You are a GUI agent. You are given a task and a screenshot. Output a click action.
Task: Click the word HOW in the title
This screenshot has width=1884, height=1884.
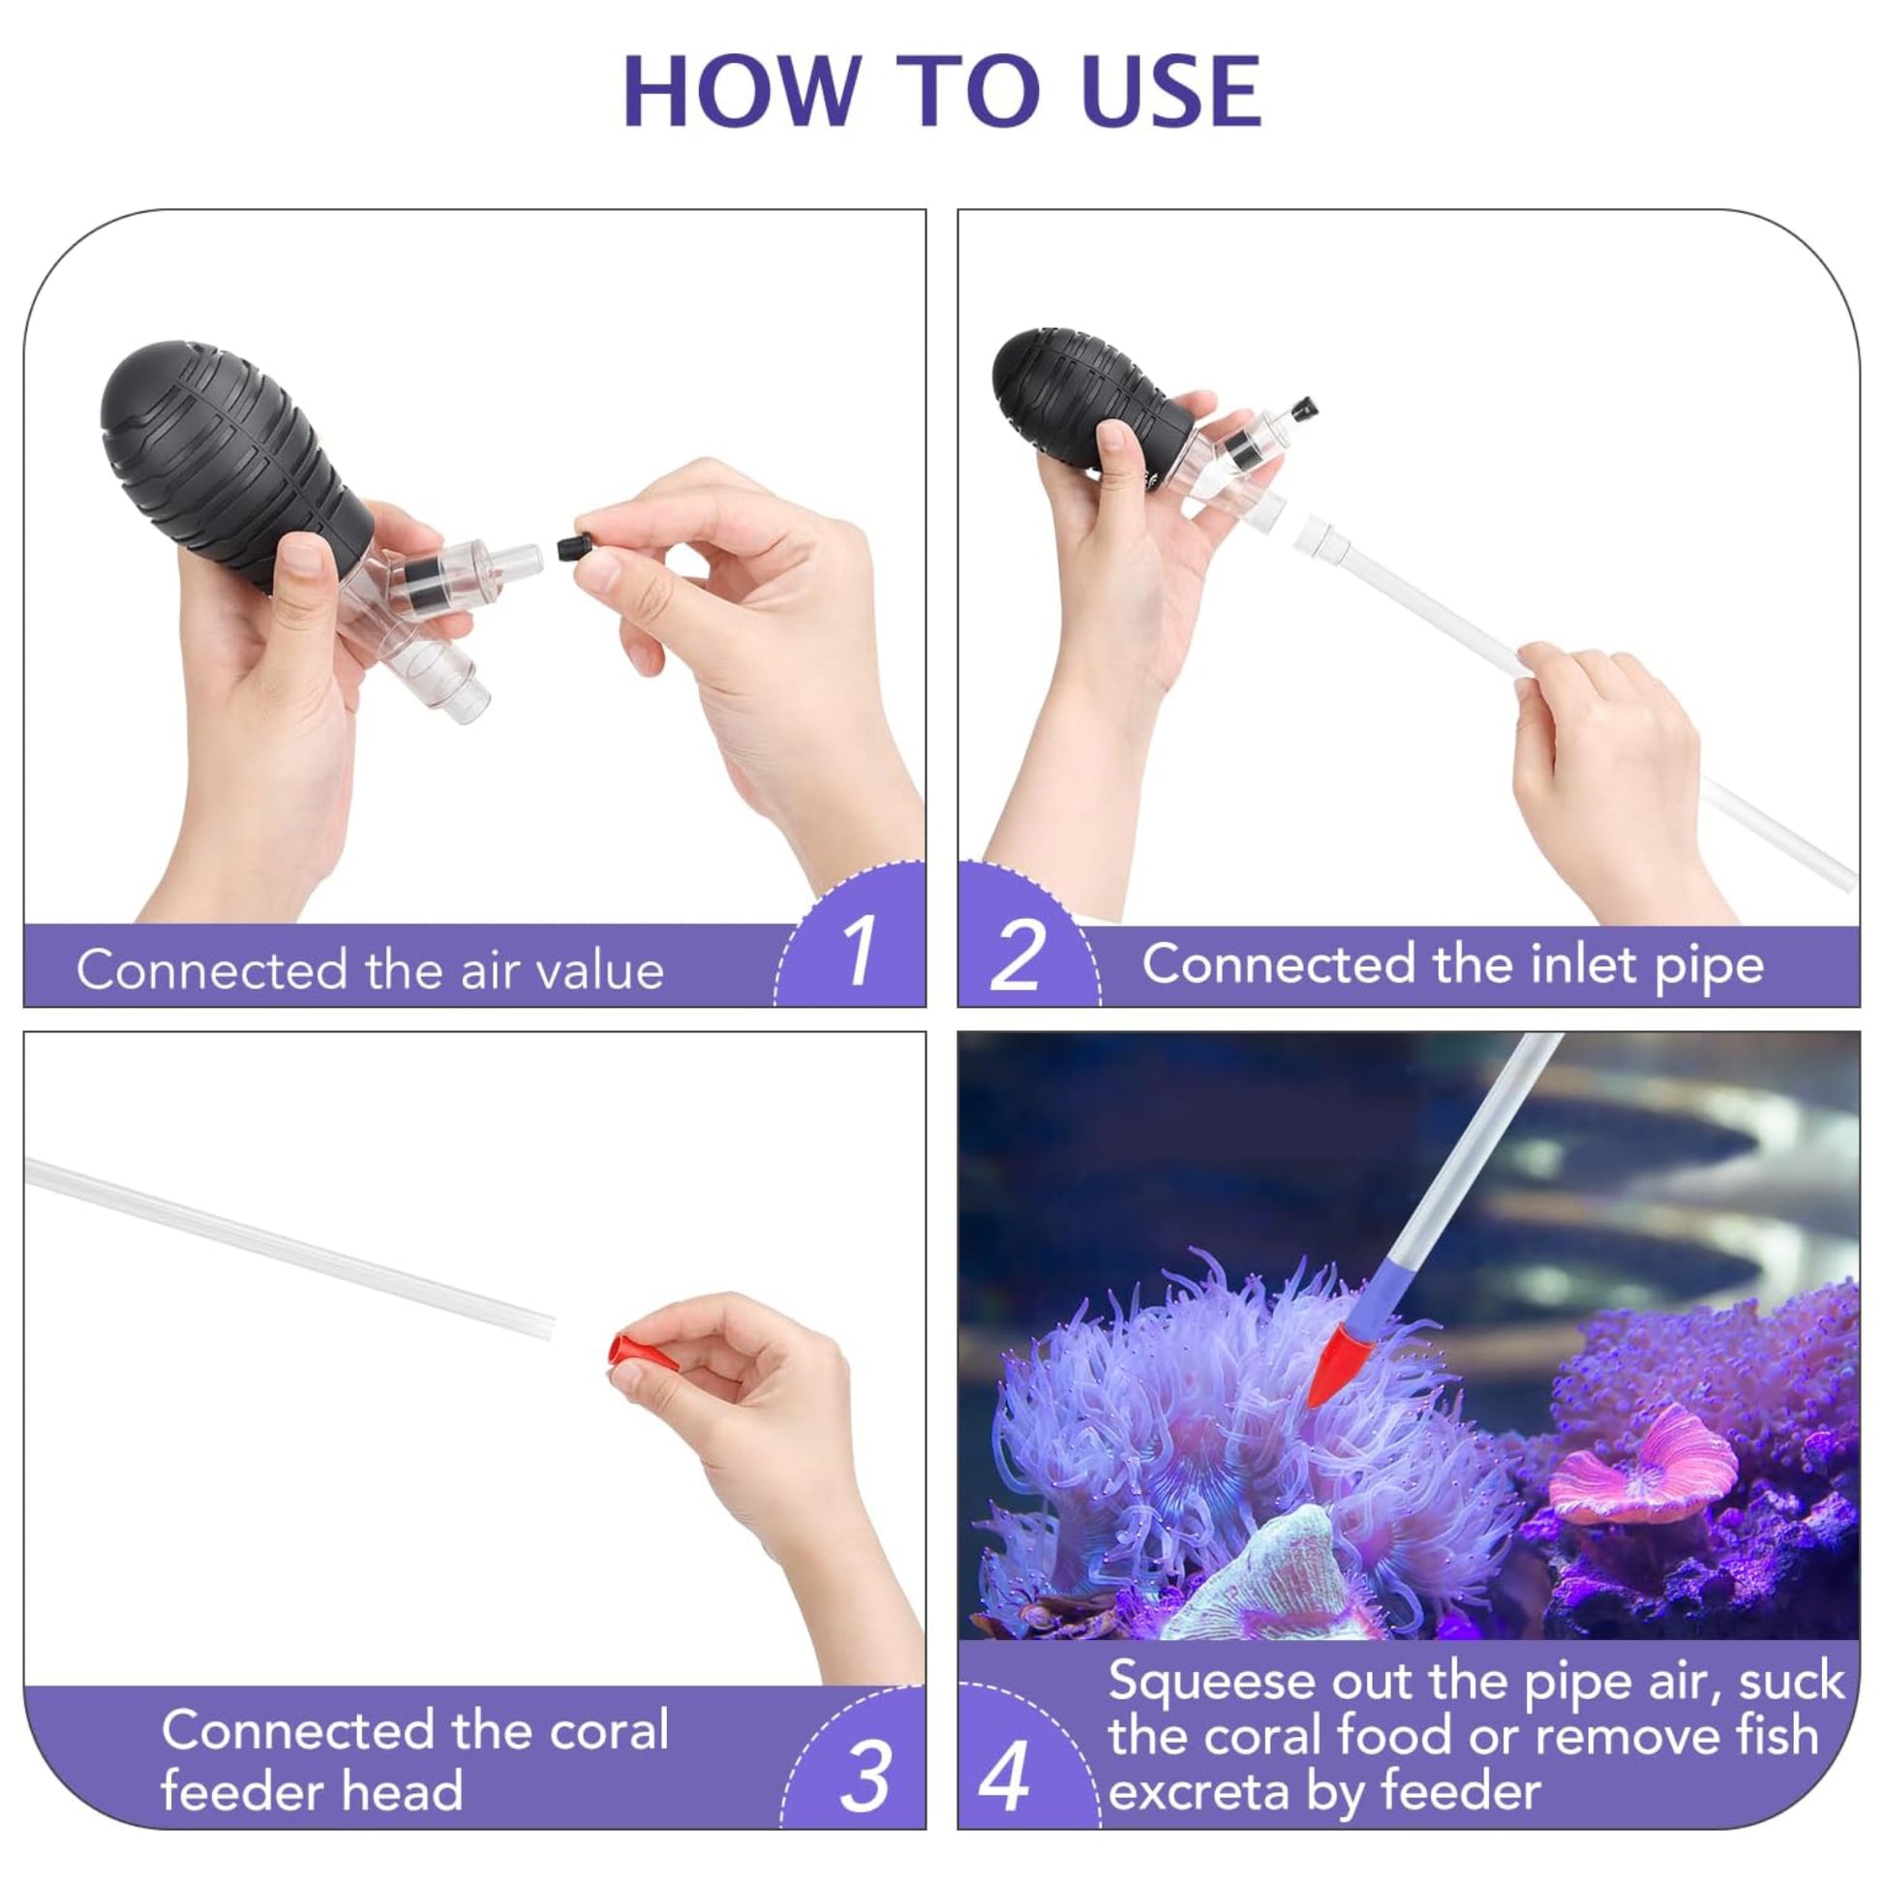739,92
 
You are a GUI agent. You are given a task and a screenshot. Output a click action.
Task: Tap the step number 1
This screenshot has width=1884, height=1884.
858,953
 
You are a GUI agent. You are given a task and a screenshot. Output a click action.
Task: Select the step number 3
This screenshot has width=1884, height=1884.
864,1777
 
